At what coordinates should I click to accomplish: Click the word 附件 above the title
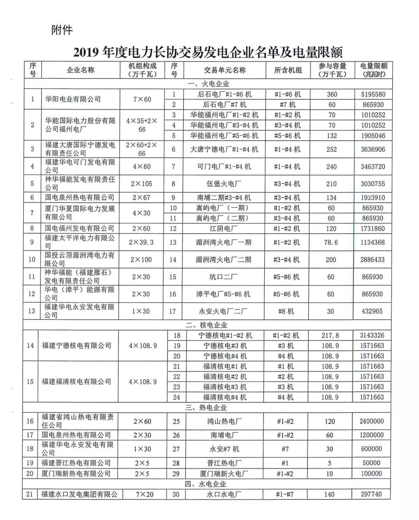point(62,30)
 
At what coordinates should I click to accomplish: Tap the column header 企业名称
point(80,70)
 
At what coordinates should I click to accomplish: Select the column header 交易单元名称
point(225,70)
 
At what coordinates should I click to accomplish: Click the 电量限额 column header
point(373,70)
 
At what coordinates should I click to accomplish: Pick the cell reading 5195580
point(373,94)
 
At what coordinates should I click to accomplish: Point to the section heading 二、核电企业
point(208,325)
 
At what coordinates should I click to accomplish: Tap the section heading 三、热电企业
point(208,407)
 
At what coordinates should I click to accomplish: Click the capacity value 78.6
point(331,242)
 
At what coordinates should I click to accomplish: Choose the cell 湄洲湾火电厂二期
point(223,260)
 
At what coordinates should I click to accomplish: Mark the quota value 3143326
point(372,335)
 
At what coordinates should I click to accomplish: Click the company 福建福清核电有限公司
point(76,381)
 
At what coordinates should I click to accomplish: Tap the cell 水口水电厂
point(224,494)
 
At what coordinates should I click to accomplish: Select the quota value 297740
point(371,494)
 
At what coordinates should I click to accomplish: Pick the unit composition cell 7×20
point(142,494)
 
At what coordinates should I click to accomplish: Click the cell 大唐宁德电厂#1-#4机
point(224,149)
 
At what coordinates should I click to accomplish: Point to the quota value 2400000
point(371,421)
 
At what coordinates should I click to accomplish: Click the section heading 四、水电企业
point(208,484)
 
